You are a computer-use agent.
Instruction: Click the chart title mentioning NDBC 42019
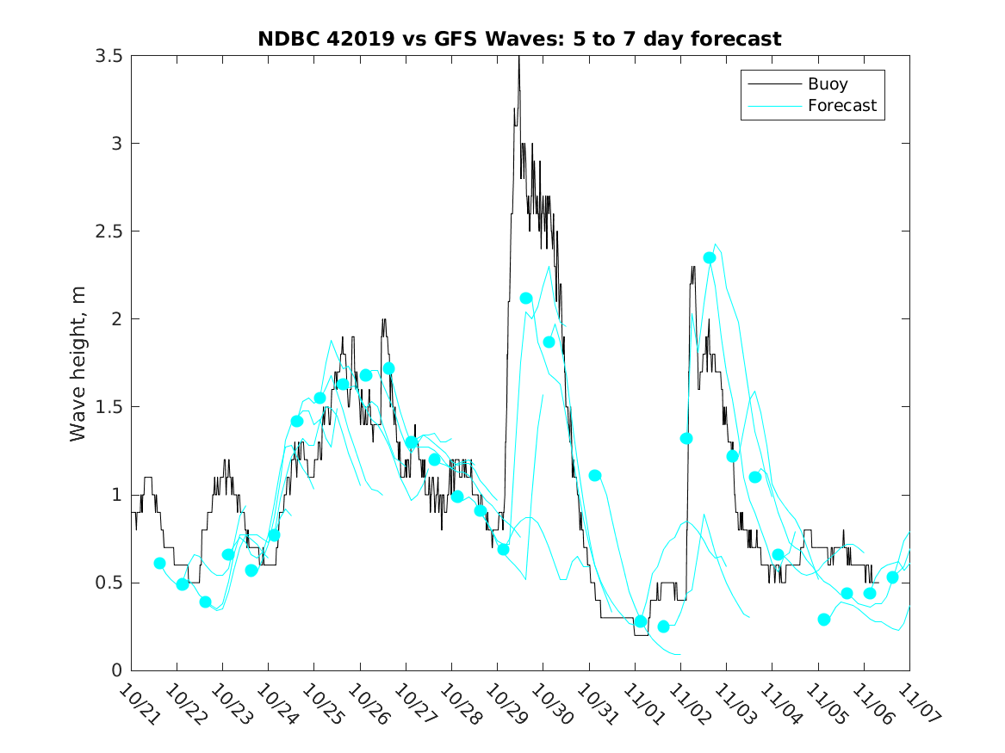(519, 40)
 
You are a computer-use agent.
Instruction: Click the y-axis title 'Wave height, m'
(78, 364)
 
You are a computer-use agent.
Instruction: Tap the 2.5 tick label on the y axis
(109, 231)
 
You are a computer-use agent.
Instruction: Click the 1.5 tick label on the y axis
(109, 407)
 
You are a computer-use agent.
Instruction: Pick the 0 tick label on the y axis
(116, 670)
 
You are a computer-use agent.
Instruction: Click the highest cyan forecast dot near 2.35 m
(710, 257)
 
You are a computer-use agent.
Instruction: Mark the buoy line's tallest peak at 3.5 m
(518, 58)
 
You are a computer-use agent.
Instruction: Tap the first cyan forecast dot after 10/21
(159, 563)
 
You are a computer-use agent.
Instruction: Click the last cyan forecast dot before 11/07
(892, 577)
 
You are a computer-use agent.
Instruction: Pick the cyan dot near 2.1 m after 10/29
(526, 299)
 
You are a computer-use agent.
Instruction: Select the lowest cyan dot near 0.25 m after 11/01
(663, 626)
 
